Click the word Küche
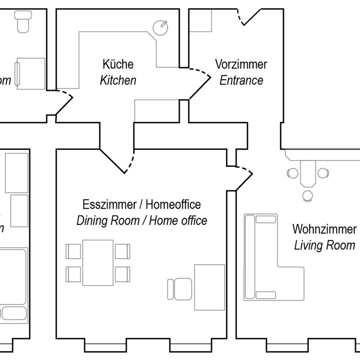pos(118,64)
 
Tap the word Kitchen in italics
pos(118,81)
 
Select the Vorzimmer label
pos(241,64)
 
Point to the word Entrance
pos(241,81)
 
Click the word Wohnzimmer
pos(324,229)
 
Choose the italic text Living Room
pos(324,246)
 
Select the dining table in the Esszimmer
pos(98,262)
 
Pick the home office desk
pos(209,287)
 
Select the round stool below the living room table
pos(307,196)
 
